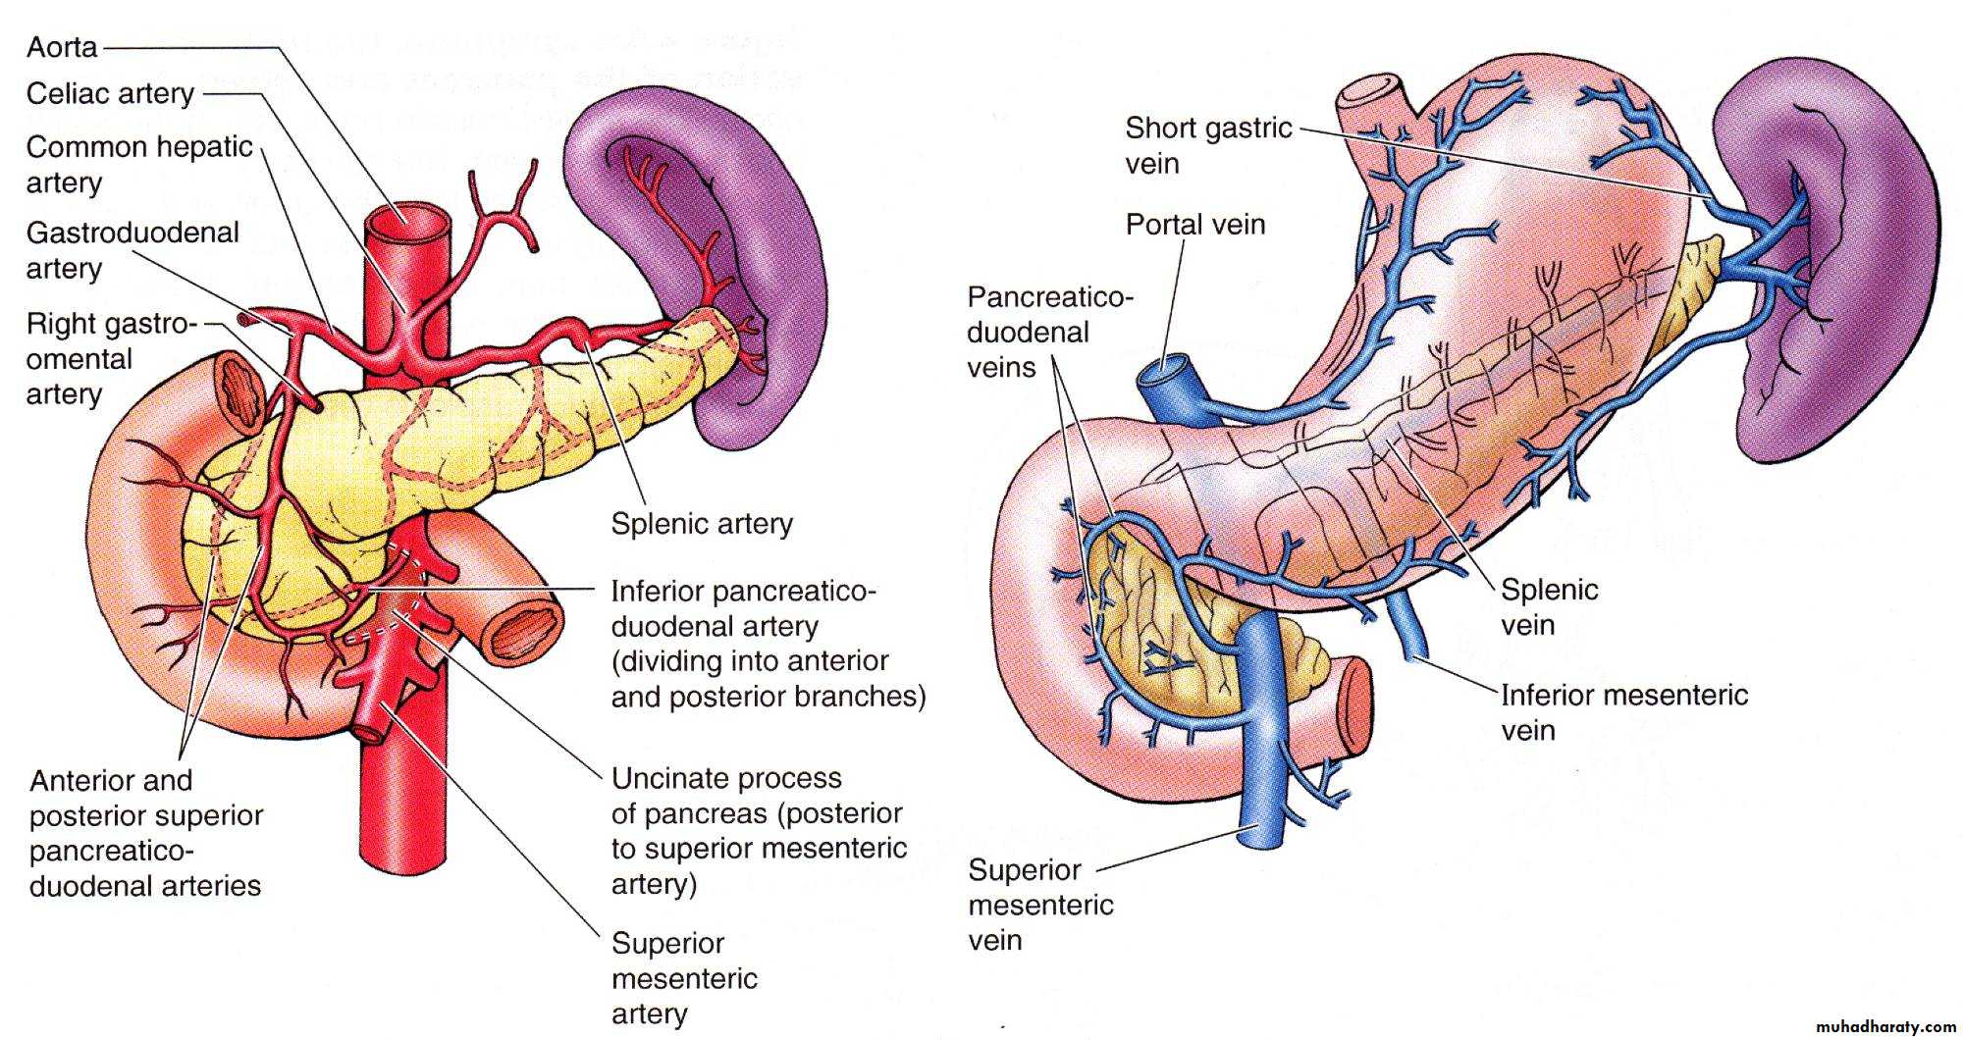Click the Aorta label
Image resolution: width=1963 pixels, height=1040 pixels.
(x=62, y=47)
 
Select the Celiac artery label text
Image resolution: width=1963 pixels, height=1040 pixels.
(x=110, y=94)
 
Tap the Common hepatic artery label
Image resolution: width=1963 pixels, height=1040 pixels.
(x=138, y=164)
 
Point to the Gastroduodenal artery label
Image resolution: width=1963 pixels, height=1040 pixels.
(x=133, y=249)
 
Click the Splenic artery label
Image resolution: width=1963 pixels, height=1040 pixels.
(x=701, y=523)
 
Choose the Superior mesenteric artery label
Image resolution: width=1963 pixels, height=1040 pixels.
(x=684, y=977)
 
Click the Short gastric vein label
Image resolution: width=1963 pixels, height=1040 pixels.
(x=1208, y=145)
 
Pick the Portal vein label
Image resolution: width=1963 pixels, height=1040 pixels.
(x=1194, y=225)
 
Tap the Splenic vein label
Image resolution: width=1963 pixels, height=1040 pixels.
(x=1549, y=606)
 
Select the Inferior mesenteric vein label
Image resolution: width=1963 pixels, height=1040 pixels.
(x=1624, y=712)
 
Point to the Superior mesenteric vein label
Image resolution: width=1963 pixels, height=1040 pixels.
(x=1040, y=905)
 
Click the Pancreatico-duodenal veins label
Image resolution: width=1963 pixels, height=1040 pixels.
(x=1048, y=332)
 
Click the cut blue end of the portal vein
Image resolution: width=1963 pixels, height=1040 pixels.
(x=1161, y=373)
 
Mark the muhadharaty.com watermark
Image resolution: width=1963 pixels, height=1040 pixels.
(x=1884, y=1025)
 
